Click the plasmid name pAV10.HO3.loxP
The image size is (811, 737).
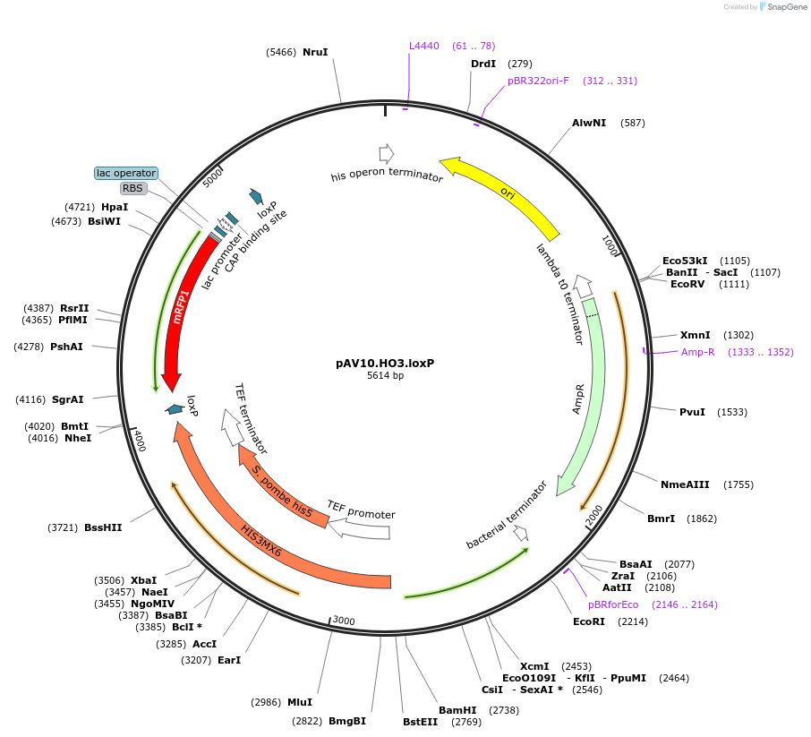pos(390,364)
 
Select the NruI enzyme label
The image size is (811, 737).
pos(315,52)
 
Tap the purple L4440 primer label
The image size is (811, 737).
pos(424,46)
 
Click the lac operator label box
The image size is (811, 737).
pos(126,173)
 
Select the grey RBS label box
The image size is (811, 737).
pos(134,188)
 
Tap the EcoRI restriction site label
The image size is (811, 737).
pos(590,621)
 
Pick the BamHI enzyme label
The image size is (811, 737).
pos(456,709)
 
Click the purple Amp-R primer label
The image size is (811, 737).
pos(698,352)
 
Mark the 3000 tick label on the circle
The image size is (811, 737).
pos(345,621)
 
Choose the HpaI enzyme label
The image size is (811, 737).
pos(115,207)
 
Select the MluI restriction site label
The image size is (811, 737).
pos(300,702)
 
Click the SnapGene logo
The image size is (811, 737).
pos(779,7)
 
